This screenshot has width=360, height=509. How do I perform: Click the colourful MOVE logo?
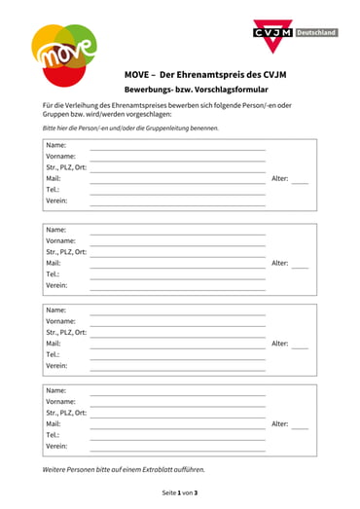coord(64,55)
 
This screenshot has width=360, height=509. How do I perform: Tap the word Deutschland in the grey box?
coord(316,32)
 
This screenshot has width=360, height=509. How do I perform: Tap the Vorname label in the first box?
coord(60,157)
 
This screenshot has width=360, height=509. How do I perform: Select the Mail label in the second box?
coord(54,263)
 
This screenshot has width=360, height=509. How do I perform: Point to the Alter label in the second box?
coord(279,263)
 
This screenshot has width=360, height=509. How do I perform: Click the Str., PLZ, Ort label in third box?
coord(66,332)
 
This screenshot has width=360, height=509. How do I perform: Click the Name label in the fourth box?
coord(55,389)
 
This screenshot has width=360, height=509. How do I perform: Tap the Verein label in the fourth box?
coord(56,447)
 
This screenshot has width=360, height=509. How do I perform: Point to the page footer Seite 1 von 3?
coord(180,492)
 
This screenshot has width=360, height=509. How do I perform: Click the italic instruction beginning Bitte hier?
coord(130,127)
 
